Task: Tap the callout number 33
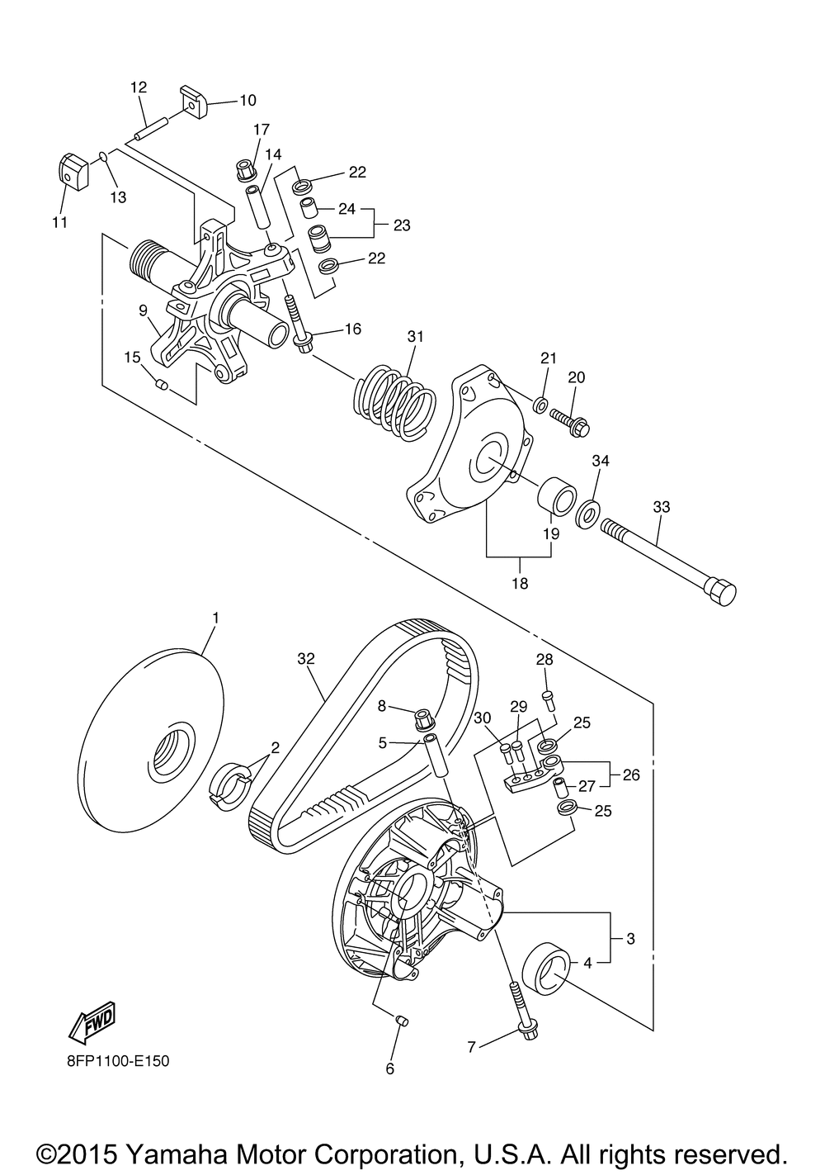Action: coord(661,508)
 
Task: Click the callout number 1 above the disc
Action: coord(215,618)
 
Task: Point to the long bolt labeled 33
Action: coord(668,558)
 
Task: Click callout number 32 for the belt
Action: coord(306,659)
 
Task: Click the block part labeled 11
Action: coord(73,171)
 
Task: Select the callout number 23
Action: coord(401,225)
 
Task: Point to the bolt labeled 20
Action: coord(569,418)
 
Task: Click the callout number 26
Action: coord(630,776)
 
